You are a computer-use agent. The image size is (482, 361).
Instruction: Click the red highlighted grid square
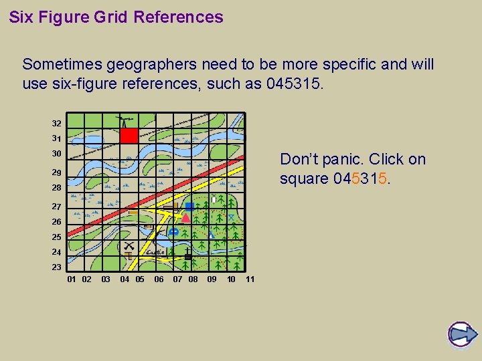coord(129,136)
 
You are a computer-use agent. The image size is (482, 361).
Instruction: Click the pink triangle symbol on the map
coord(186,217)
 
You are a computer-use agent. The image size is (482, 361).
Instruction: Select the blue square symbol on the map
coord(189,207)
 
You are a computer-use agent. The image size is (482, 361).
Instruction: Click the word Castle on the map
coord(156,252)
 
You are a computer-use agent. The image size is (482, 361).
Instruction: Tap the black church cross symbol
coord(188,256)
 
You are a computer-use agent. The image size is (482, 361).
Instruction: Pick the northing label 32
coord(57,124)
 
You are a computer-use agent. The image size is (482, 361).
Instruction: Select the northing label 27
coord(57,207)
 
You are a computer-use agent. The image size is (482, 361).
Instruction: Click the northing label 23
coord(57,267)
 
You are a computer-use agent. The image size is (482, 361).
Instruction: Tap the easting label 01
coord(72,279)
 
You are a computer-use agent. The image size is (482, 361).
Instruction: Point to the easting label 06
coord(159,279)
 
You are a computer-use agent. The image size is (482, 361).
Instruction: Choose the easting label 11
coord(250,279)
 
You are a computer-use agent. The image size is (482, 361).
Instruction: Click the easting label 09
coord(212,279)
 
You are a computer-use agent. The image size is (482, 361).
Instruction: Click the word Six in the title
coord(21,17)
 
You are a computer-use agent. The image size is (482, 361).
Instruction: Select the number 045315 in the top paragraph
coord(294,85)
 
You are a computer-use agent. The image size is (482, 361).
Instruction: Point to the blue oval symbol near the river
coord(174,232)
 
